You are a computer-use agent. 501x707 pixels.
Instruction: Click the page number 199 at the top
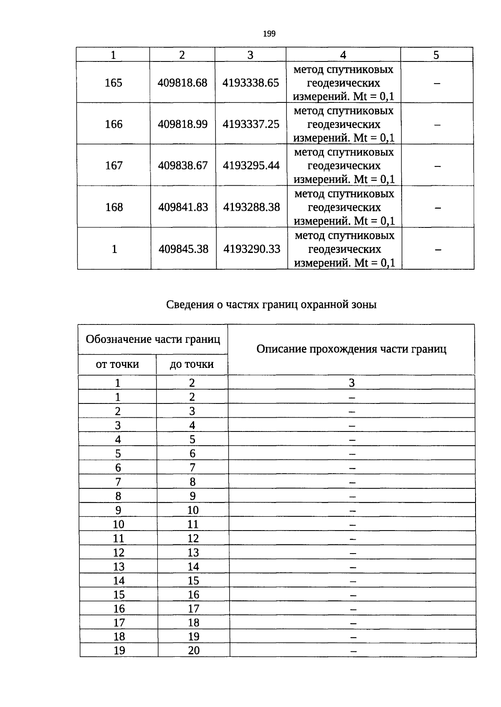coord(269,34)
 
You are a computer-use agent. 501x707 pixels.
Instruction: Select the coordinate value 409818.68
coord(182,83)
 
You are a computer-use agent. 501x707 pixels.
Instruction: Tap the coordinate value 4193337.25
coord(250,124)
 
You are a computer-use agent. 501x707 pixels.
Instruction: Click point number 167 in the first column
coord(114,166)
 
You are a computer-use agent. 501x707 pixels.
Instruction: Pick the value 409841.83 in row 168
coord(183,207)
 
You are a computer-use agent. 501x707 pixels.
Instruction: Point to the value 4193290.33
coord(252,249)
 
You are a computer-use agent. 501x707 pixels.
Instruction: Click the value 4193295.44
coord(251,166)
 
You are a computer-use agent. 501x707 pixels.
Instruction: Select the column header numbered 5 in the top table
coord(436,55)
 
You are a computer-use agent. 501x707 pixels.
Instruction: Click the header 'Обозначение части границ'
coord(153,339)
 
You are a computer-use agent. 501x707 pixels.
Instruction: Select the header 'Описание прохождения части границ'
coord(351,349)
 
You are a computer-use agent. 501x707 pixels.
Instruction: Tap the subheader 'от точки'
coord(117,364)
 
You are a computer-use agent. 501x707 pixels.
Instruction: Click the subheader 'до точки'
coord(192,364)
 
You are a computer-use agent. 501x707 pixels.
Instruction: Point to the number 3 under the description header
coord(352,383)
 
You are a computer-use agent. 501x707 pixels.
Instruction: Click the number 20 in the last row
coord(194,651)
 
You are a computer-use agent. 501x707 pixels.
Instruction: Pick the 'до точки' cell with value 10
coord(193,510)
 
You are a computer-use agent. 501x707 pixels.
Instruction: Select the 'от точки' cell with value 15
coord(119,595)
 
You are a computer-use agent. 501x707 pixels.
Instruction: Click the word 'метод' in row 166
coord(309,111)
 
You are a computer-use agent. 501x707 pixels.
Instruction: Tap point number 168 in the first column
coord(114,207)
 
